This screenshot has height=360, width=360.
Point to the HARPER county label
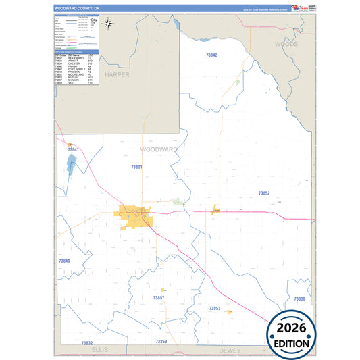pos(117,74)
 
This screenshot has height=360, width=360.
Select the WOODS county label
pos(286,43)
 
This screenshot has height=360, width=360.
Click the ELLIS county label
pos(99,350)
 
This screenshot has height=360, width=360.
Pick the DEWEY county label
pos(230,350)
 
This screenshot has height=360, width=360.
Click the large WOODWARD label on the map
pos(159,149)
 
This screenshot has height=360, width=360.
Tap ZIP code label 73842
pos(212,55)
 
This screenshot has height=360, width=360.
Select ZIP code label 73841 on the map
pos(74,149)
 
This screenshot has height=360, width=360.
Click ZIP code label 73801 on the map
pos(137,166)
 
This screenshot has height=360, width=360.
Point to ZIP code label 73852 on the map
pos(264,193)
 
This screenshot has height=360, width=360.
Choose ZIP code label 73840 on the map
pos(64,261)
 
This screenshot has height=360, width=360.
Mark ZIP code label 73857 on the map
pos(158,297)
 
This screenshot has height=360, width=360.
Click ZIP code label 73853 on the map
pos(215,308)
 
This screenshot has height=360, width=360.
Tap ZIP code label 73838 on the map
pos(299,299)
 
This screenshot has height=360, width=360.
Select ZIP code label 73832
pos(86,343)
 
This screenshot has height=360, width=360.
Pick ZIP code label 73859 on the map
pos(161,342)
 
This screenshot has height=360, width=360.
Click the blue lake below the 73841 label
pos(71,164)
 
